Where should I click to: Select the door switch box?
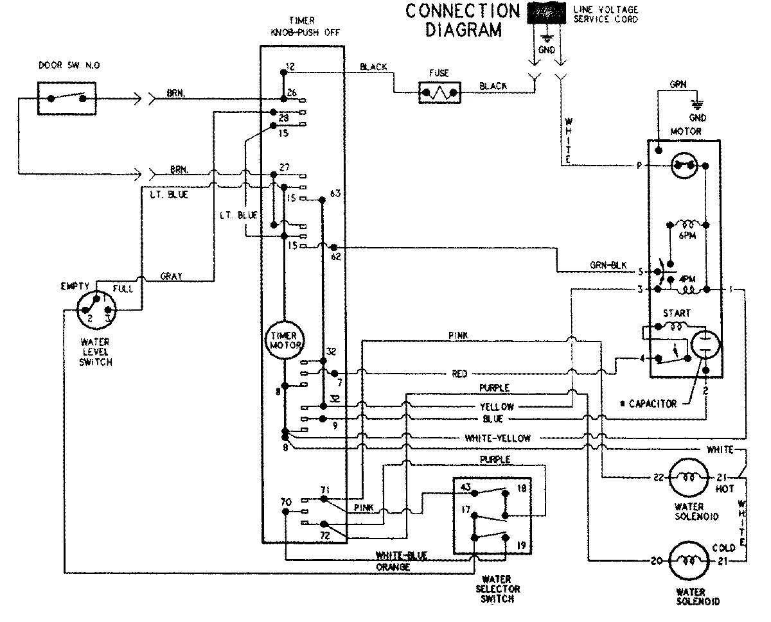67,98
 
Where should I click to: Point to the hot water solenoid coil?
687,477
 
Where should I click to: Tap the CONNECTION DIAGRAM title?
461,21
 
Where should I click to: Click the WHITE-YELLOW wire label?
498,438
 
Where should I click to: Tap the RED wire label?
459,374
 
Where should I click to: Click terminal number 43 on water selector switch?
465,488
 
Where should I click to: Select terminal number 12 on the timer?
290,67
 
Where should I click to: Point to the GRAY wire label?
171,276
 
